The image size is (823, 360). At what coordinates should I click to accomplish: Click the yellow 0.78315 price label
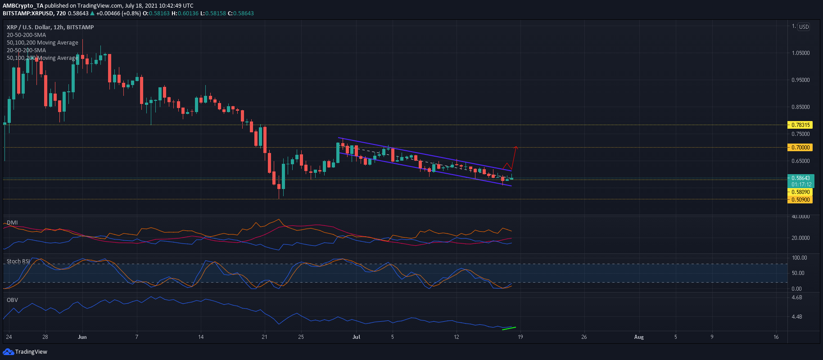point(800,125)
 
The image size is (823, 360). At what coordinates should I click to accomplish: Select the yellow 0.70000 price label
point(800,147)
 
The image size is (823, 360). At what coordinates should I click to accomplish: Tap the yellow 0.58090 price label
point(800,192)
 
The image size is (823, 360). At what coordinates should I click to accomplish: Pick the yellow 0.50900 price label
point(800,199)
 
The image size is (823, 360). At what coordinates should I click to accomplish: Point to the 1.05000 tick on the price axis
point(800,53)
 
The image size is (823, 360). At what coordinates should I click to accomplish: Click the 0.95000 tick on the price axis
point(800,80)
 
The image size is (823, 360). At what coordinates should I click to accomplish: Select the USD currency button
point(804,27)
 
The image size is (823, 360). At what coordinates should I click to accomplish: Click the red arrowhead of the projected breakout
point(516,147)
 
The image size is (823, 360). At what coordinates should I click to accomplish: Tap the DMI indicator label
point(12,223)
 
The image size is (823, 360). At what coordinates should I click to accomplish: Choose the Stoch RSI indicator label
point(18,261)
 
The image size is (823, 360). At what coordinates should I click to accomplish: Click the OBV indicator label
point(12,300)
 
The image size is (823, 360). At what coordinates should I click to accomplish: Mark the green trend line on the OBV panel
point(509,328)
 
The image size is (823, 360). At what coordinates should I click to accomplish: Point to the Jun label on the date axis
point(82,337)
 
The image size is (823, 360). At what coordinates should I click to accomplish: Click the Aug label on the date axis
point(639,337)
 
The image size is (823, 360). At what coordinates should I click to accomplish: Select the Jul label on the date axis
point(357,337)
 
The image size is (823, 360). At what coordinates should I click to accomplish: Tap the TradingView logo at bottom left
point(25,351)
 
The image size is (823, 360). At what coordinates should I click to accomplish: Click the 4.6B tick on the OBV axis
point(796,297)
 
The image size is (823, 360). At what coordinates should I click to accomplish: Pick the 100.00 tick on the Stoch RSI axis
point(800,258)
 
